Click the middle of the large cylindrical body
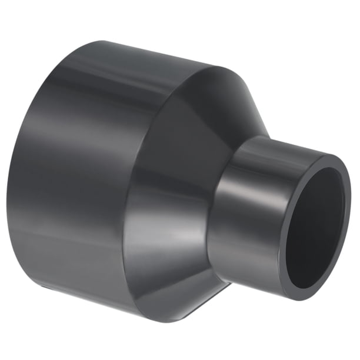(x=76, y=176)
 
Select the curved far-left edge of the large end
(x=13, y=176)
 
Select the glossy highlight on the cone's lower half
(x=171, y=247)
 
